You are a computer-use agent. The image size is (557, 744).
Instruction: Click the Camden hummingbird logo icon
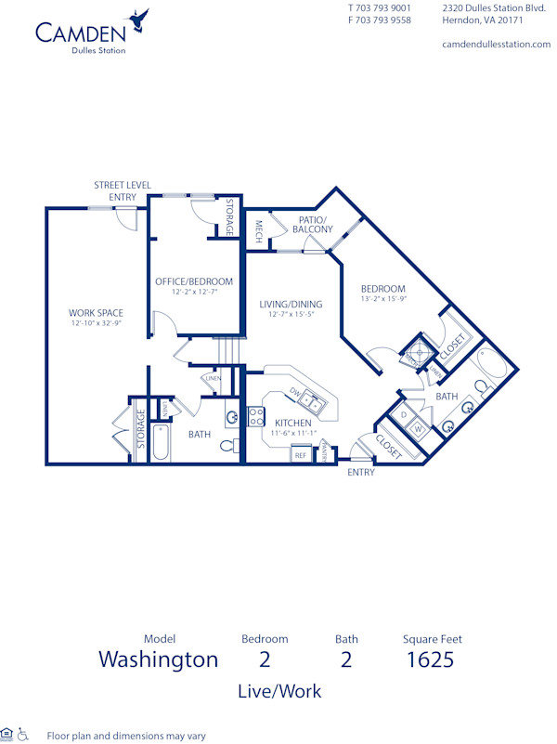(139, 18)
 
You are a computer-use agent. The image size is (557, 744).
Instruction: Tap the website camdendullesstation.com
(496, 44)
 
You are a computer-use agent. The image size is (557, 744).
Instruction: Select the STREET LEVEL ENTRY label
(122, 190)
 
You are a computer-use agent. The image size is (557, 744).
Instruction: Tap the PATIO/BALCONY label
(312, 225)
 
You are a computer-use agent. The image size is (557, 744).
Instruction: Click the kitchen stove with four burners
(256, 416)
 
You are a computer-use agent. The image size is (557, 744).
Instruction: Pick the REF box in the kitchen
(300, 455)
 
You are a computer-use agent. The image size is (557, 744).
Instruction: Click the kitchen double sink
(312, 402)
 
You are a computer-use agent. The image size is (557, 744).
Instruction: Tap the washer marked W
(418, 429)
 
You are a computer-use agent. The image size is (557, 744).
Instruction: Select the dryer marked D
(405, 414)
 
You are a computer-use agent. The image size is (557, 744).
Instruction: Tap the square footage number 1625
(431, 659)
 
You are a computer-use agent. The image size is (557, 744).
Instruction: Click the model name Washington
(159, 659)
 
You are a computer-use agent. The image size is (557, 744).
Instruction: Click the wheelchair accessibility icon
(24, 734)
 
